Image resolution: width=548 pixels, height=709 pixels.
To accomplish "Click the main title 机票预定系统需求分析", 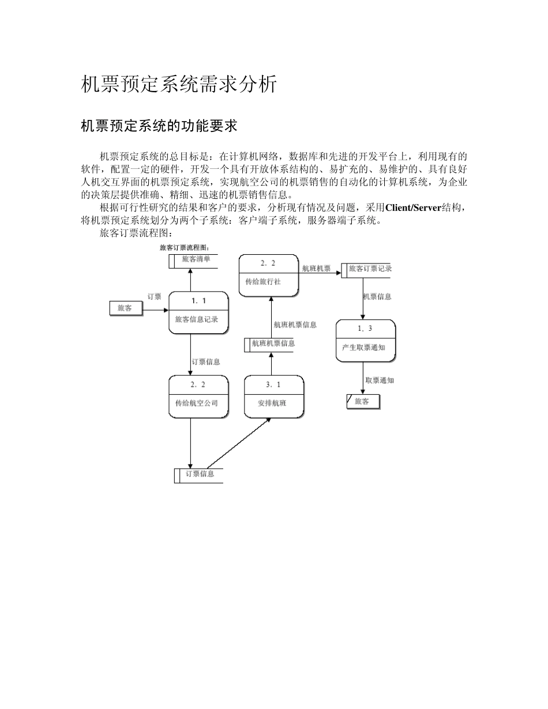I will click(179, 84).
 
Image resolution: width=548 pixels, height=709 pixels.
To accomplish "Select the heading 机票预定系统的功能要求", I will click(159, 126).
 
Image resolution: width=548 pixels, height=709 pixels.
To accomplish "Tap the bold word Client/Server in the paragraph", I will click(413, 208).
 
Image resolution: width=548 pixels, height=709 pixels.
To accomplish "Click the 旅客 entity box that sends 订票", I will click(126, 308).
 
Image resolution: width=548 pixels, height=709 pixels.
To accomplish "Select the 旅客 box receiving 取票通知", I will click(363, 402).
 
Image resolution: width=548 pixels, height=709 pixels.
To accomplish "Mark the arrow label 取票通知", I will click(380, 380).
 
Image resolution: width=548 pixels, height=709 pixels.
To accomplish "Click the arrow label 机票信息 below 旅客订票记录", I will click(377, 297).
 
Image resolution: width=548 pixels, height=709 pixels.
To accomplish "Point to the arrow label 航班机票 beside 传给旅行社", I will click(317, 269).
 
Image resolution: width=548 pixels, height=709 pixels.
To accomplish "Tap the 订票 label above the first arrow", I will click(154, 296).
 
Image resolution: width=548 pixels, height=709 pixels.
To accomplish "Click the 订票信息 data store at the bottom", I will click(199, 474).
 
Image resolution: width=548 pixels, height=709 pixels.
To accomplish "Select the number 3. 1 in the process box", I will click(273, 384).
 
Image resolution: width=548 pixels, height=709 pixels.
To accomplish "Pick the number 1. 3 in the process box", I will click(365, 329).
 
